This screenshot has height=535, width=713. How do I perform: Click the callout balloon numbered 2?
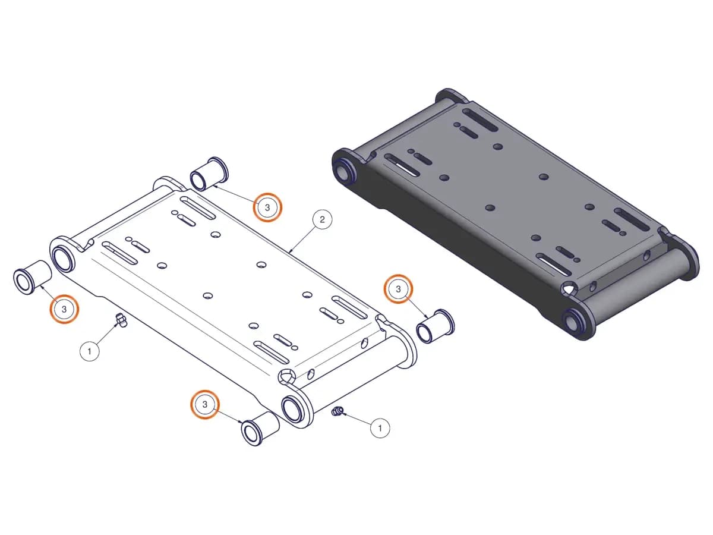coord(322,219)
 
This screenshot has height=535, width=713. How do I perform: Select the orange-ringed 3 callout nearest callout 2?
coord(267,207)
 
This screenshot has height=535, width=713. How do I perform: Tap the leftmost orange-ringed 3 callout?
coord(64,309)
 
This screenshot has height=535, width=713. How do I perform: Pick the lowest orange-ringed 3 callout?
coord(204,404)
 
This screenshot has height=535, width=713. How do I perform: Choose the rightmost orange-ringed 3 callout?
coord(398,289)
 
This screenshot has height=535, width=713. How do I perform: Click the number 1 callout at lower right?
coord(380,428)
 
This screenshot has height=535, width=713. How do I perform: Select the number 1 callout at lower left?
coord(89,351)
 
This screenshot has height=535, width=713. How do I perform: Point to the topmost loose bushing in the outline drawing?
coord(209,174)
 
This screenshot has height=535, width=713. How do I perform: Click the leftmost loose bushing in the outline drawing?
coord(32,277)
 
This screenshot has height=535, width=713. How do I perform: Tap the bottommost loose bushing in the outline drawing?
coord(260,429)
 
